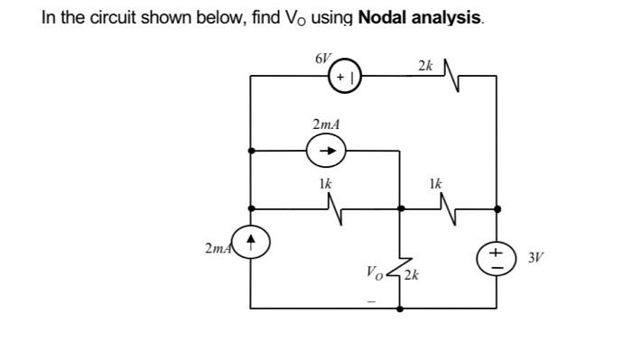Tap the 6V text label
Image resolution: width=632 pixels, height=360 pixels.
click(x=323, y=58)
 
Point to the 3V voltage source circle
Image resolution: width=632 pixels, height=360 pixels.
click(x=496, y=256)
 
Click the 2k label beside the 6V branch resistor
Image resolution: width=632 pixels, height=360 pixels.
click(x=425, y=65)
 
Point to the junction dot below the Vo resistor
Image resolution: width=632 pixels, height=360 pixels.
click(x=398, y=308)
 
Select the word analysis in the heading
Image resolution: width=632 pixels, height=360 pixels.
click(x=449, y=18)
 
